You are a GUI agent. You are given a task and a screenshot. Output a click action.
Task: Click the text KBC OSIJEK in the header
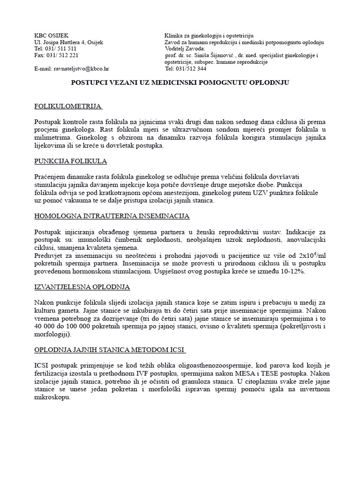pos(52,36)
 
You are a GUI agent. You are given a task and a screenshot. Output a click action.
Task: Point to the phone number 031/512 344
pos(193,68)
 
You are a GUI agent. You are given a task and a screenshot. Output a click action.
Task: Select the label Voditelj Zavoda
pos(185,49)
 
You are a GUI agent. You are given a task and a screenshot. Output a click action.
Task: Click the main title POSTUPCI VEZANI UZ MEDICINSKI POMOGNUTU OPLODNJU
pos(180,82)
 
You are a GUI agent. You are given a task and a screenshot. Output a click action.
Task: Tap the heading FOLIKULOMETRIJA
pos(68,107)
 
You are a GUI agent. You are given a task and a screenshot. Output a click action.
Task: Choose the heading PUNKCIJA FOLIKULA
pos(71,161)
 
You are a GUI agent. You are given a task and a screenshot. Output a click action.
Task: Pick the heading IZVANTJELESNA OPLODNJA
pos(82,286)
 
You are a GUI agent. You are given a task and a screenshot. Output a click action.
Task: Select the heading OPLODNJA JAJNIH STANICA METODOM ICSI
pos(110,350)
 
